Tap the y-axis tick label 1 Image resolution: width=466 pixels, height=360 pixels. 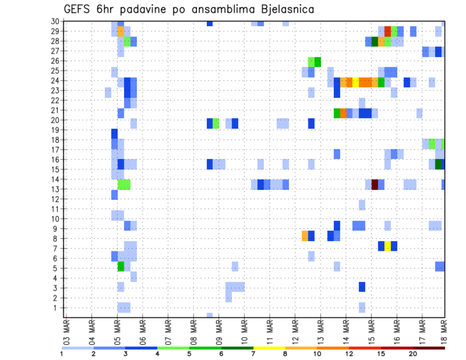(x=57, y=308)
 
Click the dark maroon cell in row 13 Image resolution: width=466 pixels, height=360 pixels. (x=375, y=184)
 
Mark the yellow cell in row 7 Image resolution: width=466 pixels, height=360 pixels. (x=387, y=246)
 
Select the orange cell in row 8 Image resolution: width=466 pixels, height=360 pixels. (x=305, y=236)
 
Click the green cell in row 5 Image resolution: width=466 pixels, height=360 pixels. (x=121, y=266)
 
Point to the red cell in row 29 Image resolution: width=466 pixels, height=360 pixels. (x=387, y=31)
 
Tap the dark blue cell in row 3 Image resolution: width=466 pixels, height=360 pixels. (x=362, y=287)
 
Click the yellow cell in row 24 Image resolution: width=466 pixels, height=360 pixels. (x=356, y=82)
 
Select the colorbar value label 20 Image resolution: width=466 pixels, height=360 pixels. (x=413, y=354)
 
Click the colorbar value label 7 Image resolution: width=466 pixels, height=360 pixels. (x=253, y=354)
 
